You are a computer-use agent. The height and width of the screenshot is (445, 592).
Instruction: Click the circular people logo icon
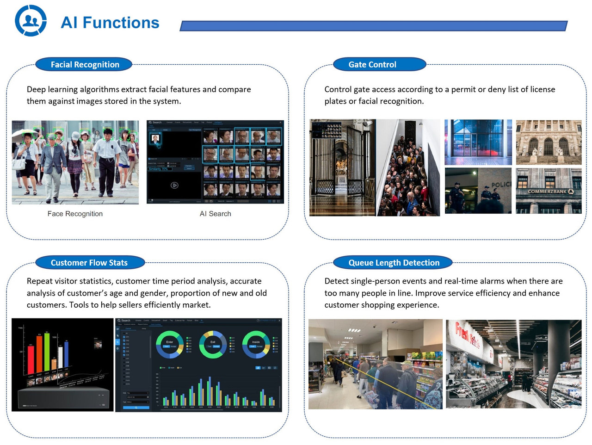pos(31,21)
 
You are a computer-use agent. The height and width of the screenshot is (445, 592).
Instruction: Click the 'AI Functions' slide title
pos(110,23)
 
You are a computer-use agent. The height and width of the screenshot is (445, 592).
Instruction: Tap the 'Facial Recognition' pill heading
pos(84,65)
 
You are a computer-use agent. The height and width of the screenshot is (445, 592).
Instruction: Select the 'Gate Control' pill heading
pos(372,65)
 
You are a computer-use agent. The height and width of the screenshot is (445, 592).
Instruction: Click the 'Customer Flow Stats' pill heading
pos(89,263)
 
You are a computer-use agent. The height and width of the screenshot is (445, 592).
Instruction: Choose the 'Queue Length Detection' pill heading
pos(394,263)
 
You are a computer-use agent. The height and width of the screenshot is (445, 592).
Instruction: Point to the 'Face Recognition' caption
pos(75,214)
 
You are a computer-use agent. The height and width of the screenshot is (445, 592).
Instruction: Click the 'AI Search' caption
pos(215,214)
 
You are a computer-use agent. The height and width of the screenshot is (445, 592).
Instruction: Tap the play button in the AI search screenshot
pos(174,185)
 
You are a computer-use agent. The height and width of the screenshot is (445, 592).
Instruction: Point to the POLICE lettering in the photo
pos(500,185)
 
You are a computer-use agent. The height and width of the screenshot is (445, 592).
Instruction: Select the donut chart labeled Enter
pos(169,344)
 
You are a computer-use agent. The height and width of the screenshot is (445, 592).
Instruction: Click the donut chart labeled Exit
pos(213,344)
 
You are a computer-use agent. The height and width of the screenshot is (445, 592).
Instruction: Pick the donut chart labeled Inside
pos(256,344)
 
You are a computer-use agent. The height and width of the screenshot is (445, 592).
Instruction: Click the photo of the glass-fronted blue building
pos(478,142)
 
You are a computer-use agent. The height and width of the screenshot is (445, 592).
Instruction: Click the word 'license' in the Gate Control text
pos(540,89)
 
